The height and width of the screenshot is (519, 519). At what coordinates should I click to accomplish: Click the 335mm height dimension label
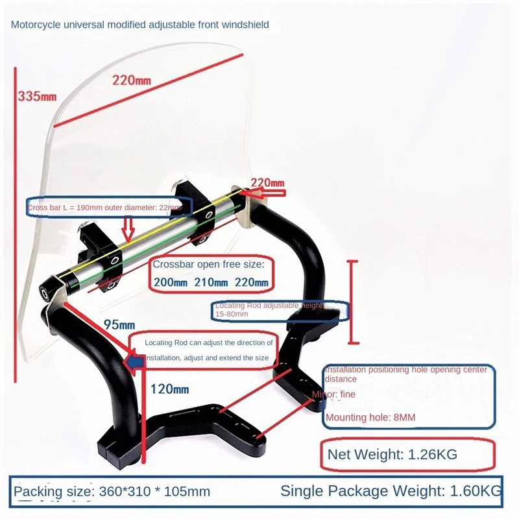[37, 97]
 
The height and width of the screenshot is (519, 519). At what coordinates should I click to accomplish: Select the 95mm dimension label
[119, 324]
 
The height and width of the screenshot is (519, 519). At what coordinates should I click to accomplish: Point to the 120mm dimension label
[170, 389]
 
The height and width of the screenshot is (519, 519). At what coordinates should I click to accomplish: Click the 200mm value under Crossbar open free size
[169, 283]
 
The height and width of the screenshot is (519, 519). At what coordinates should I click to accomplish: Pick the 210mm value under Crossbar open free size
[210, 283]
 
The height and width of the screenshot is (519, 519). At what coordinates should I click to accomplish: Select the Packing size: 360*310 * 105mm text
[112, 491]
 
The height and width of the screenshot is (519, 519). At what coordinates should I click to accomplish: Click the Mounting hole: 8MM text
[370, 417]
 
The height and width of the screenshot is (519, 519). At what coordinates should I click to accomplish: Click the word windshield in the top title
[245, 25]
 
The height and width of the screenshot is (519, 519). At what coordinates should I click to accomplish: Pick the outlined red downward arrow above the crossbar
[128, 228]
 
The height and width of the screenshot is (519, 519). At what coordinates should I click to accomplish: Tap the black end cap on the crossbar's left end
[47, 291]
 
